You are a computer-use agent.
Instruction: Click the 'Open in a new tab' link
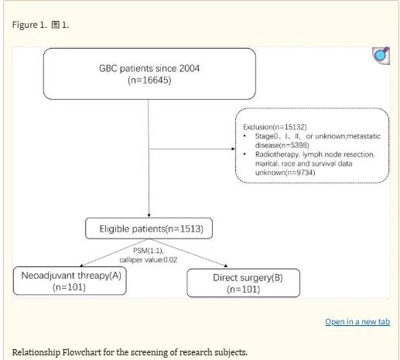[x=357, y=321]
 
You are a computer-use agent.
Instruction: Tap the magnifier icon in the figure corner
[x=381, y=56]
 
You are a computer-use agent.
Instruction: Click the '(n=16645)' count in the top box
[x=149, y=81]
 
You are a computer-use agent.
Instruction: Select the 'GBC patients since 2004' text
[x=149, y=68]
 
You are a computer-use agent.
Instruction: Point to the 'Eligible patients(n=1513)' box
[x=149, y=228]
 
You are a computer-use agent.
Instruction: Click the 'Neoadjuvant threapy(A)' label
[x=71, y=276]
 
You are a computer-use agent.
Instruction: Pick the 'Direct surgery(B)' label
[x=248, y=278]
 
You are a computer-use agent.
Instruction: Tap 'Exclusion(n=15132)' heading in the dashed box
[x=275, y=127]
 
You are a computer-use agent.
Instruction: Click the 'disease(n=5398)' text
[x=282, y=145]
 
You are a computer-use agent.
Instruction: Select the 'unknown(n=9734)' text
[x=285, y=173]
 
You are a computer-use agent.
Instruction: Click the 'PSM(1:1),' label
[x=149, y=251]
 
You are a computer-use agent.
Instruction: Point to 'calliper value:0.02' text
[x=149, y=259]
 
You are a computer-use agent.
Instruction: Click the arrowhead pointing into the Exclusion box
[x=234, y=149]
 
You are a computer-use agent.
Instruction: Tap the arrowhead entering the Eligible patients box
[x=149, y=216]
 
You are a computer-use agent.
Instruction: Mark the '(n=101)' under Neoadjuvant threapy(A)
[x=69, y=287]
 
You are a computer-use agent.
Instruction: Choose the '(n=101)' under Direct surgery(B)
[x=244, y=290]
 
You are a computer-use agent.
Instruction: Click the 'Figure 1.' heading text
[x=29, y=25]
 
